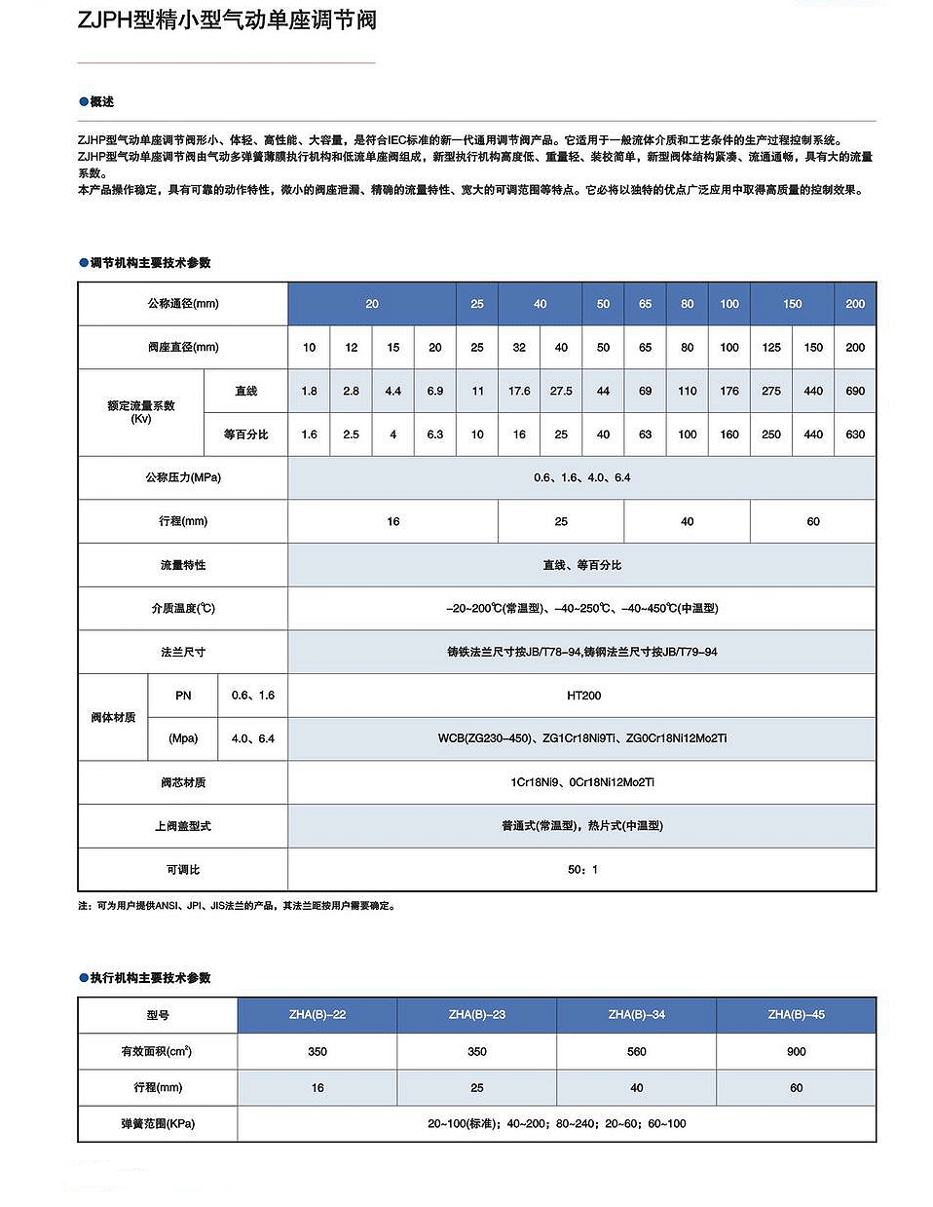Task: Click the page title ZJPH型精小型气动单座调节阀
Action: (x=227, y=20)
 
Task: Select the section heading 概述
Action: (x=101, y=101)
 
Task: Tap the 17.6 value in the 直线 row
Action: (x=519, y=391)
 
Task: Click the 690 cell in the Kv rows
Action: (x=855, y=391)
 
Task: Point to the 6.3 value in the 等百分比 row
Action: (x=435, y=434)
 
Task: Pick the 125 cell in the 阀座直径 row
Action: (x=771, y=347)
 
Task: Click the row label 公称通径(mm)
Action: (x=183, y=304)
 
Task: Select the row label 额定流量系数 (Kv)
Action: (x=141, y=412)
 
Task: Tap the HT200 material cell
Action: (x=583, y=696)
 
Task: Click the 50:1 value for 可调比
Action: (x=582, y=869)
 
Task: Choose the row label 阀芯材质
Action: (x=183, y=782)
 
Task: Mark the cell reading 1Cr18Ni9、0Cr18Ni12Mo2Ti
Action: (x=582, y=782)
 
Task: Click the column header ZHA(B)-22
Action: (x=317, y=1014)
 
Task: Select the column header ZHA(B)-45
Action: (x=796, y=1014)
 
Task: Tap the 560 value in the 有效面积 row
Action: (x=636, y=1051)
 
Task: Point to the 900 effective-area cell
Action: (x=796, y=1051)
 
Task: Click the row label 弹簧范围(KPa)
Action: (x=158, y=1123)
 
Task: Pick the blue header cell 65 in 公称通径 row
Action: (x=645, y=304)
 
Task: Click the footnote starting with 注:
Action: (x=237, y=905)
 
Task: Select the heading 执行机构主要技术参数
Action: (x=150, y=977)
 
